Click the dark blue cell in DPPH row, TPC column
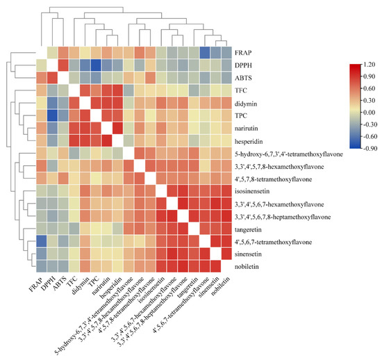click(97, 65)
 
